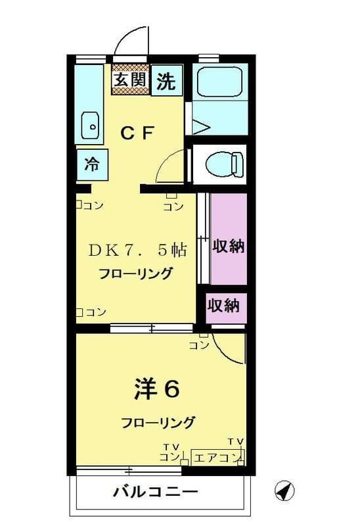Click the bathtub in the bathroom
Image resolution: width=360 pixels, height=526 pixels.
coord(221,82)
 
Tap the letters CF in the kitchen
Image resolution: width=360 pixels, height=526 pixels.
coord(137,132)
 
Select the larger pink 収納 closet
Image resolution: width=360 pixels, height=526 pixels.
coord(228,247)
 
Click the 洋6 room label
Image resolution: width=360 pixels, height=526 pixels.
coord(156,389)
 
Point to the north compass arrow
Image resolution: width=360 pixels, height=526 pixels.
coord(283,490)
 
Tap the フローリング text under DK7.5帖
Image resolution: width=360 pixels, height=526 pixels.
coord(136,274)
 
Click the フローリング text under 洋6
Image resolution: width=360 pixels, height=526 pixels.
coord(158,422)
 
